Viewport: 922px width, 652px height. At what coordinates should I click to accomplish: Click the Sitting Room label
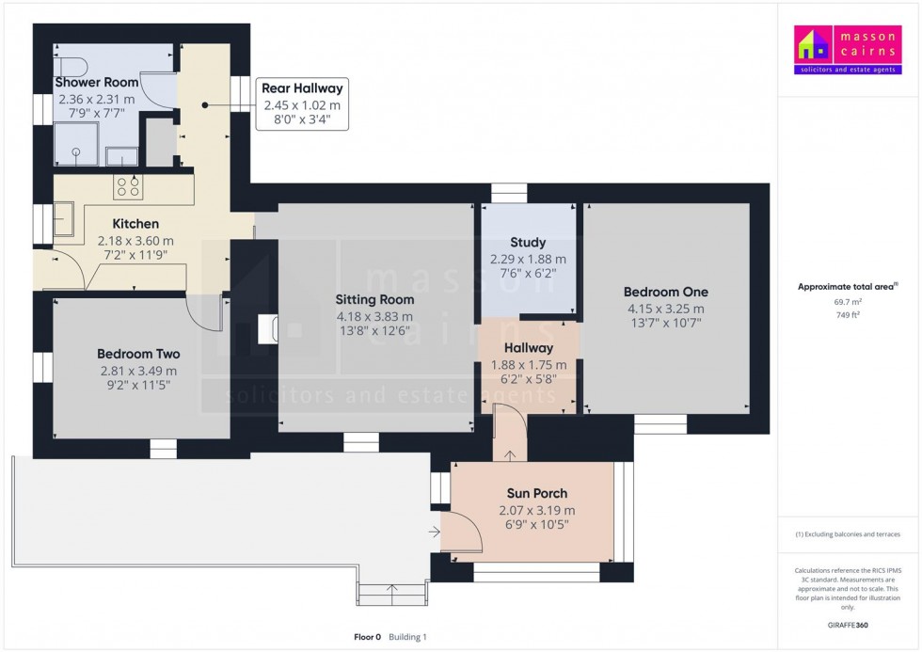pos(374,299)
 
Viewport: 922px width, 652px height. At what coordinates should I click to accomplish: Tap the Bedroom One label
pos(666,292)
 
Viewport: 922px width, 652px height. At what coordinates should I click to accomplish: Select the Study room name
pos(528,242)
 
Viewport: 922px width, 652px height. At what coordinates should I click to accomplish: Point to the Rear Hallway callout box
pos(302,104)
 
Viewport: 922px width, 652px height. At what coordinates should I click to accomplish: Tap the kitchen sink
pos(64,218)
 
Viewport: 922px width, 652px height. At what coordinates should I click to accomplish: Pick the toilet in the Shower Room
pos(71,67)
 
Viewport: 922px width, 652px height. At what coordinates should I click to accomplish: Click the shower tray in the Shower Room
pos(76,144)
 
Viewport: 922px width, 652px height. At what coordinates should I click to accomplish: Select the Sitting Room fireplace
pos(267,329)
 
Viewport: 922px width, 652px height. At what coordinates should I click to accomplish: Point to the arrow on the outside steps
pos(392,589)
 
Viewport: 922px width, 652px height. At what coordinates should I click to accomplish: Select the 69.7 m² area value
pos(848,302)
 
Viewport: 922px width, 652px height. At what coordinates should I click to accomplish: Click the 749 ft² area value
pos(848,315)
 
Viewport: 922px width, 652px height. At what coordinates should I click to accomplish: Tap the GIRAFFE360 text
pos(848,625)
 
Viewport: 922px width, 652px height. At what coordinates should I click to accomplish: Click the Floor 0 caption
pos(368,637)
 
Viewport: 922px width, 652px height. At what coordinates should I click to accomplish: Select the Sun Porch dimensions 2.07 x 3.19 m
pos(537,510)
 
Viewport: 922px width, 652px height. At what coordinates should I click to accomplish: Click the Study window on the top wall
pos(509,193)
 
